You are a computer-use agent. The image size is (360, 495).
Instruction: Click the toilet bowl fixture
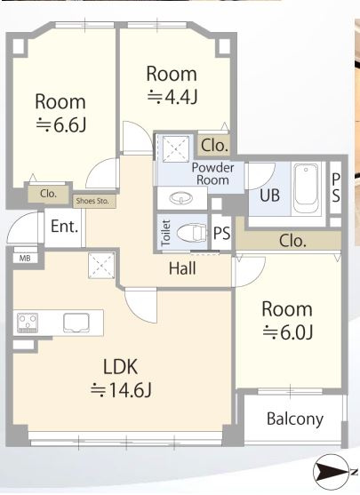(x=191, y=234)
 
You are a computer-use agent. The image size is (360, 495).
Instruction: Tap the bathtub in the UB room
(x=306, y=188)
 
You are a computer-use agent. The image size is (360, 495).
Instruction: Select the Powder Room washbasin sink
(x=181, y=198)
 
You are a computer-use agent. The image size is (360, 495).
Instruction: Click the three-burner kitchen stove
(x=28, y=323)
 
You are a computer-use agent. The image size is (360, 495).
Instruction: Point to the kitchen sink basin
(x=76, y=323)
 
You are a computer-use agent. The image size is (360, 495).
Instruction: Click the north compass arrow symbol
(x=332, y=472)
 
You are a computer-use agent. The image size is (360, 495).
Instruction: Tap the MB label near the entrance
(x=25, y=259)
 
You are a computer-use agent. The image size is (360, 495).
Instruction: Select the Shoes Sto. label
(x=92, y=201)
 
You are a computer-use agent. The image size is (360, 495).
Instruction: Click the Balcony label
(x=295, y=419)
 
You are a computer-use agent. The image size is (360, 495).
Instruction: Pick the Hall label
(x=182, y=268)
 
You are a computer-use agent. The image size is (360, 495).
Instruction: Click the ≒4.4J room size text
(x=172, y=97)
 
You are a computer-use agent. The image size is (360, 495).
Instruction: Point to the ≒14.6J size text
(x=121, y=389)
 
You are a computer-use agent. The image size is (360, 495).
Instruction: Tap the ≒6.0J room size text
(x=288, y=331)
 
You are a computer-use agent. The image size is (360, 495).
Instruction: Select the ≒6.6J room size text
(x=60, y=125)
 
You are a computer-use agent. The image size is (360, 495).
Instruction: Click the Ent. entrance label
(x=64, y=227)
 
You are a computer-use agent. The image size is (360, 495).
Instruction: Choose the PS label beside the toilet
(x=221, y=234)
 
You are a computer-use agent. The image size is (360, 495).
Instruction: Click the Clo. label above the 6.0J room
(x=292, y=241)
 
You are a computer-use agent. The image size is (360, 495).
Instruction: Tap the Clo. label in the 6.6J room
(x=48, y=194)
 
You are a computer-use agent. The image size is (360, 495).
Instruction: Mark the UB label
(x=269, y=196)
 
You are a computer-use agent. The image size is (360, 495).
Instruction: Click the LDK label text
(x=120, y=366)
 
